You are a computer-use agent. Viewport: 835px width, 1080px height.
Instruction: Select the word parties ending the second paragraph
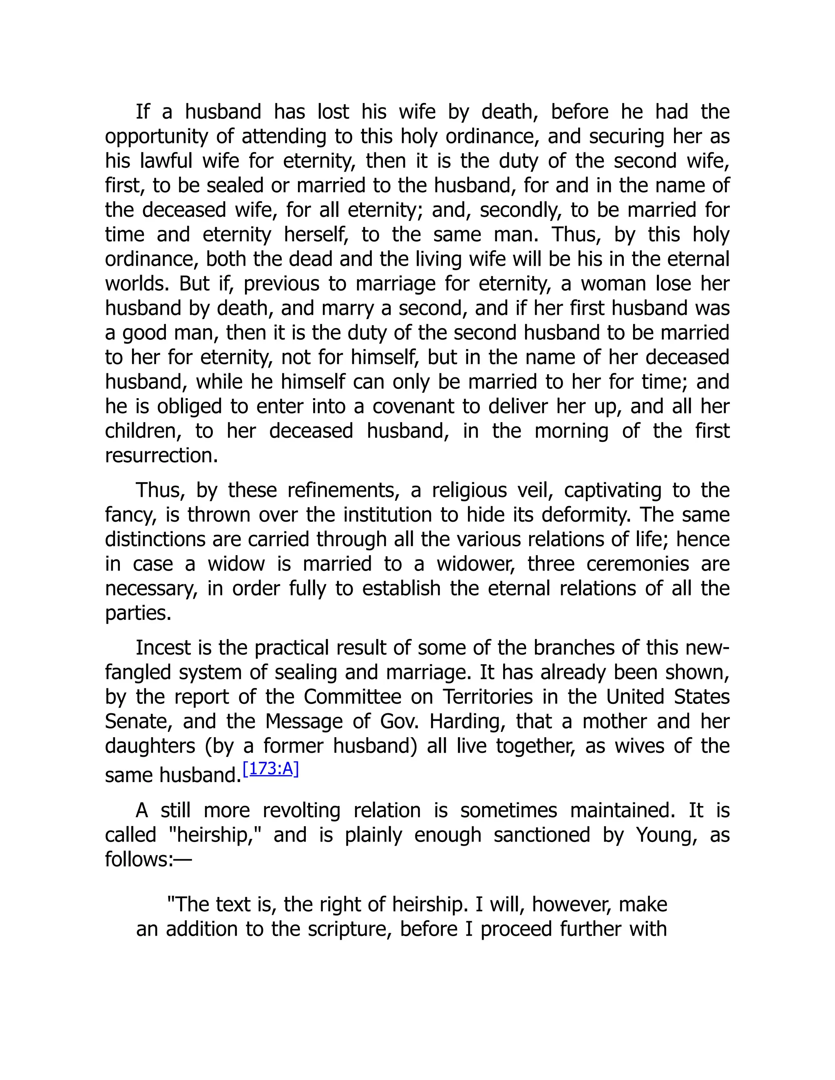point(137,613)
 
